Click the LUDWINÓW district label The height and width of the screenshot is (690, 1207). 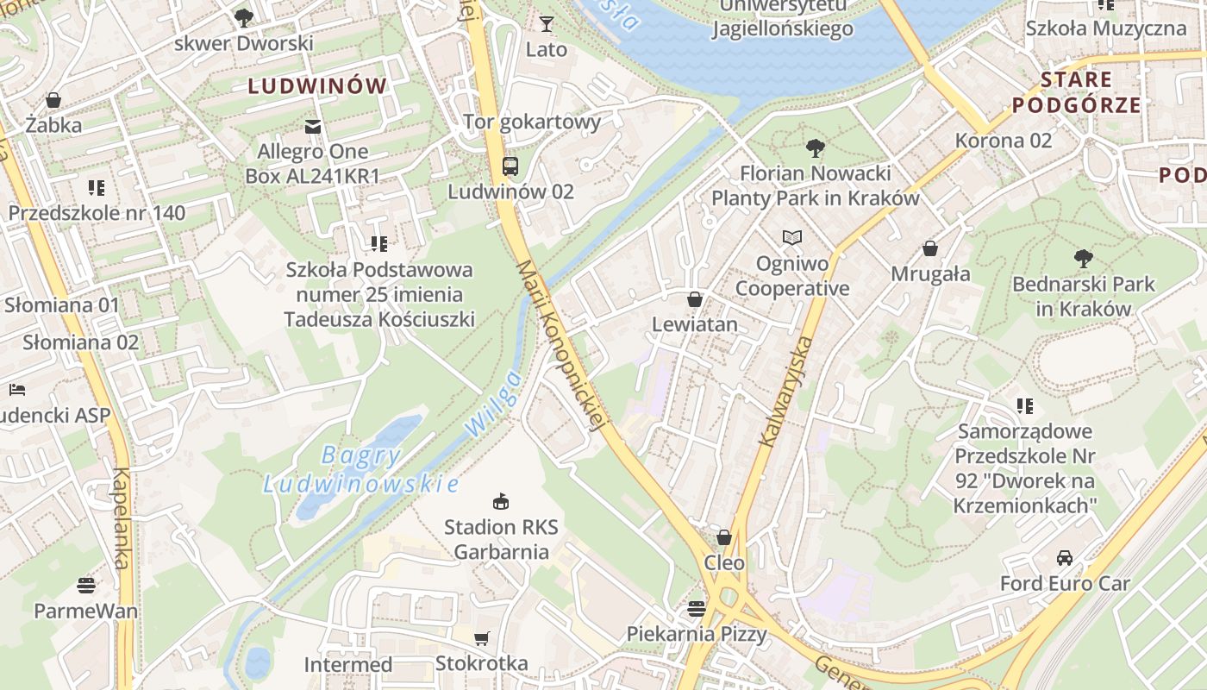pyautogui.click(x=317, y=86)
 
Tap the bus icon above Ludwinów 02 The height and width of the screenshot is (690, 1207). pyautogui.click(x=510, y=166)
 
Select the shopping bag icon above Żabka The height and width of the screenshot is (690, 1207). pyautogui.click(x=53, y=100)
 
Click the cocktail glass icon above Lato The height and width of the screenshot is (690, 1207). pyautogui.click(x=547, y=24)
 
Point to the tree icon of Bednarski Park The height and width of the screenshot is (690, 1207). pyautogui.click(x=1084, y=258)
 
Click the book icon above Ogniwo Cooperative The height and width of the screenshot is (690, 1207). pyautogui.click(x=791, y=237)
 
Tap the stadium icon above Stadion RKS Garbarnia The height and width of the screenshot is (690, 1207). pyautogui.click(x=500, y=501)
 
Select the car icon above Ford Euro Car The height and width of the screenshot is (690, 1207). pyautogui.click(x=1065, y=558)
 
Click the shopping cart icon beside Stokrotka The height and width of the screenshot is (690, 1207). pyautogui.click(x=482, y=638)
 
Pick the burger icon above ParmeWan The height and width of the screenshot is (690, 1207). pyautogui.click(x=85, y=586)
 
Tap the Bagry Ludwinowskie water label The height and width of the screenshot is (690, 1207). pyautogui.click(x=361, y=470)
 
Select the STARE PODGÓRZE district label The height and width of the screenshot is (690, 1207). pyautogui.click(x=1076, y=92)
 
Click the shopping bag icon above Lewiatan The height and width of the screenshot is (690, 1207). pyautogui.click(x=695, y=299)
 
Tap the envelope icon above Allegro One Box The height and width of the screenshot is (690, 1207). pyautogui.click(x=313, y=127)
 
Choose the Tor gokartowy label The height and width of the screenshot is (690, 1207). pyautogui.click(x=532, y=122)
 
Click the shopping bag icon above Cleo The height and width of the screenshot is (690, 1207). pyautogui.click(x=724, y=537)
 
